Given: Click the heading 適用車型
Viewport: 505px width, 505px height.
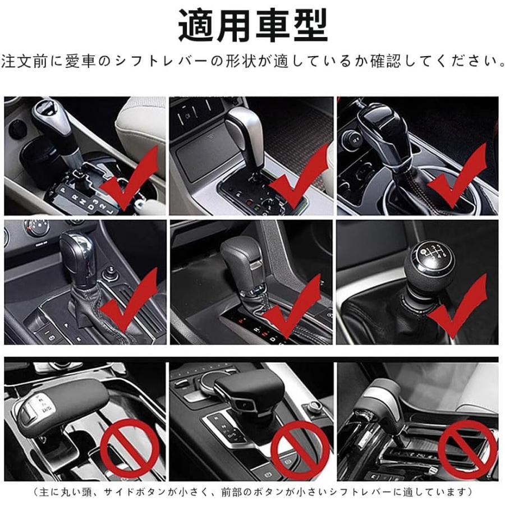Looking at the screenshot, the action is [x=253, y=26].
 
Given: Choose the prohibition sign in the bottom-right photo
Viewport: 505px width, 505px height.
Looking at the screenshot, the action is [x=467, y=449].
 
